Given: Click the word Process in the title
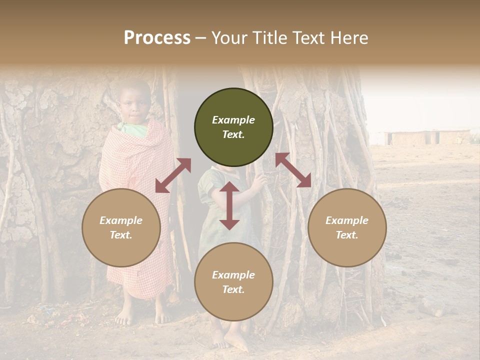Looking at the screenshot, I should [x=157, y=38].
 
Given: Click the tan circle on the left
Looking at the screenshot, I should [x=121, y=227].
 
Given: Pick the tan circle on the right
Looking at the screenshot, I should [x=347, y=227].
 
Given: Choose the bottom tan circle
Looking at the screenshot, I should [x=233, y=282].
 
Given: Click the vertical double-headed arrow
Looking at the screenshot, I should [x=229, y=205].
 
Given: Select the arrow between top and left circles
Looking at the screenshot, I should [x=173, y=175].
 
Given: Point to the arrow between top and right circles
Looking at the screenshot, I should [x=293, y=170].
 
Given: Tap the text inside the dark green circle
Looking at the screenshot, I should [x=233, y=127].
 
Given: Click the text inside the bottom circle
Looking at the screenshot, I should [x=233, y=282].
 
